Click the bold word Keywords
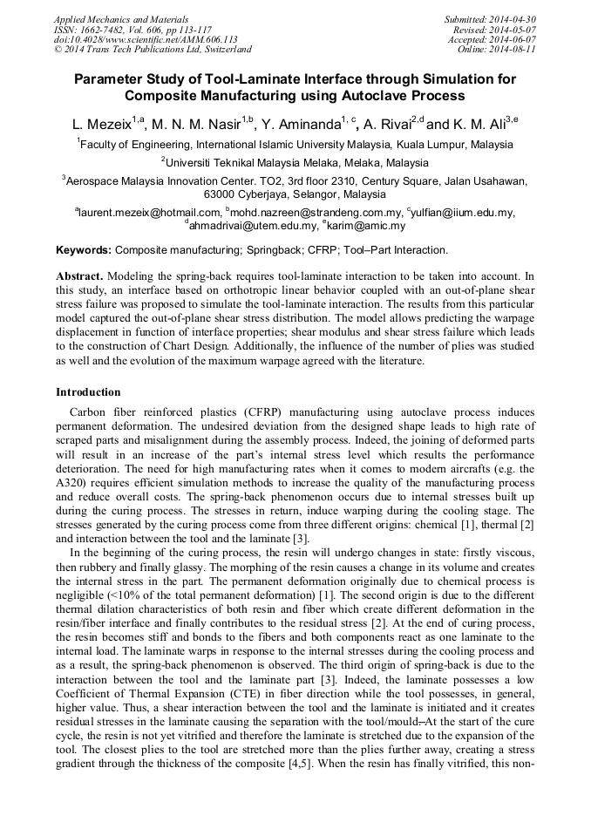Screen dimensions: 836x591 [x=84, y=250]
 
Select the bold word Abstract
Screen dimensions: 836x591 [x=79, y=275]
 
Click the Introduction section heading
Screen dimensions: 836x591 [x=88, y=392]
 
